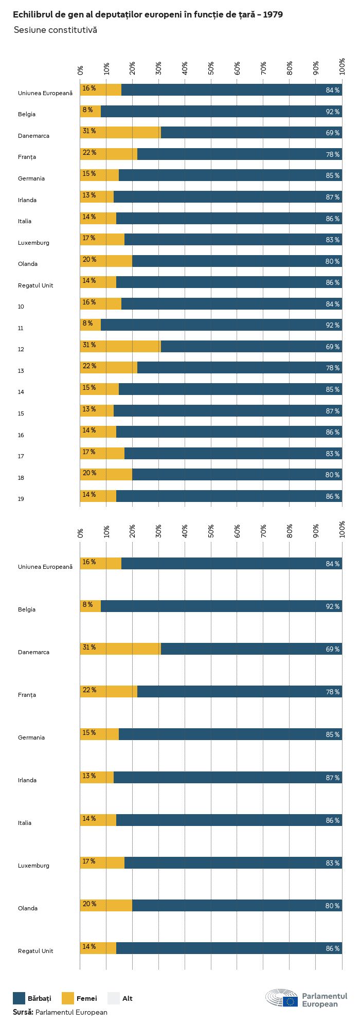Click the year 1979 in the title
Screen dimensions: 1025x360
click(273, 15)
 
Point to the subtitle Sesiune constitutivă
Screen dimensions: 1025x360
click(56, 30)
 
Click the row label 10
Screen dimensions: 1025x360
click(21, 307)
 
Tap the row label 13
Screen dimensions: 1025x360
click(21, 371)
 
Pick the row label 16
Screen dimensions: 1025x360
click(21, 435)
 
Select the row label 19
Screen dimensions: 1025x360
click(21, 499)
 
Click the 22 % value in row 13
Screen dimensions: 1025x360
click(89, 366)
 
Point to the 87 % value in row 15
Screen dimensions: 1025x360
click(333, 411)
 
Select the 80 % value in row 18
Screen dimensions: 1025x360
click(333, 475)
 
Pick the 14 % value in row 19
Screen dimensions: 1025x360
click(89, 495)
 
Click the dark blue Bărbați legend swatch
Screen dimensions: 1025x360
click(19, 998)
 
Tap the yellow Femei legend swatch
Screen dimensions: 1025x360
click(68, 998)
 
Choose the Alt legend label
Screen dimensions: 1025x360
click(128, 998)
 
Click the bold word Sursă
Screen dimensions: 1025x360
click(23, 1012)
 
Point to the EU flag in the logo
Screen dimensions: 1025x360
click(290, 1001)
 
